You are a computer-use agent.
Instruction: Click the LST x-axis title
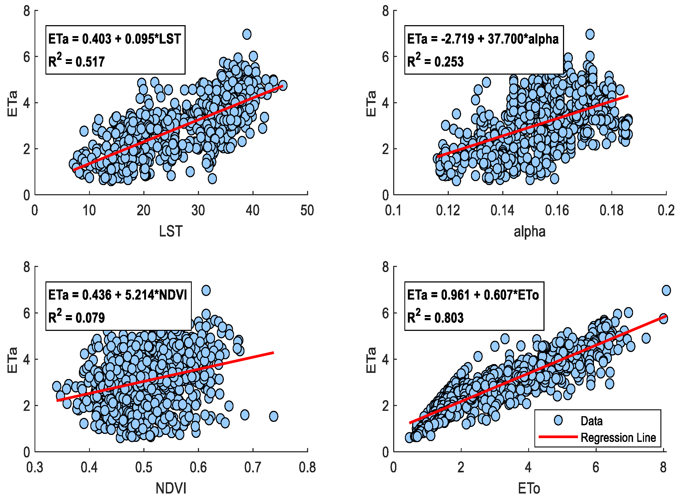171,231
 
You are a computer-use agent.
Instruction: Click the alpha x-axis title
530,231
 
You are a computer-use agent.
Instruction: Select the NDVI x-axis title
171,488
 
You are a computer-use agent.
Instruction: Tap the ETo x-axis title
529,488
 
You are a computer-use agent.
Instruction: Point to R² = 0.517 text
76,61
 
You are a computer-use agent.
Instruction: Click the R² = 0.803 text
435,317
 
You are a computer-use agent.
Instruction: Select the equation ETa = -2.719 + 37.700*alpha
483,39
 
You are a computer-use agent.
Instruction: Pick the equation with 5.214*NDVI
118,295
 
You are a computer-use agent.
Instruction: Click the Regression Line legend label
618,438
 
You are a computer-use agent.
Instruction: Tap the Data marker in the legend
558,420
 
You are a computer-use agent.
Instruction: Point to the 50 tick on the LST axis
307,211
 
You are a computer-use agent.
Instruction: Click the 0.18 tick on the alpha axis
611,211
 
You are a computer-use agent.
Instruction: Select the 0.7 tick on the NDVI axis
252,467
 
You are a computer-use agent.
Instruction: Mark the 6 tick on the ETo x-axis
596,467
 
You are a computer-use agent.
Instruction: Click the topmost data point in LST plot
247,34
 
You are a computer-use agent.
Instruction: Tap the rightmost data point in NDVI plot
274,416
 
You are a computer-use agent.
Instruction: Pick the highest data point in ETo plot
666,290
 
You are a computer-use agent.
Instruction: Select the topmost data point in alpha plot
590,34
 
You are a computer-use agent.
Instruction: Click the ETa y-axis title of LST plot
12,104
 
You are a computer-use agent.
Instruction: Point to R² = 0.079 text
76,317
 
